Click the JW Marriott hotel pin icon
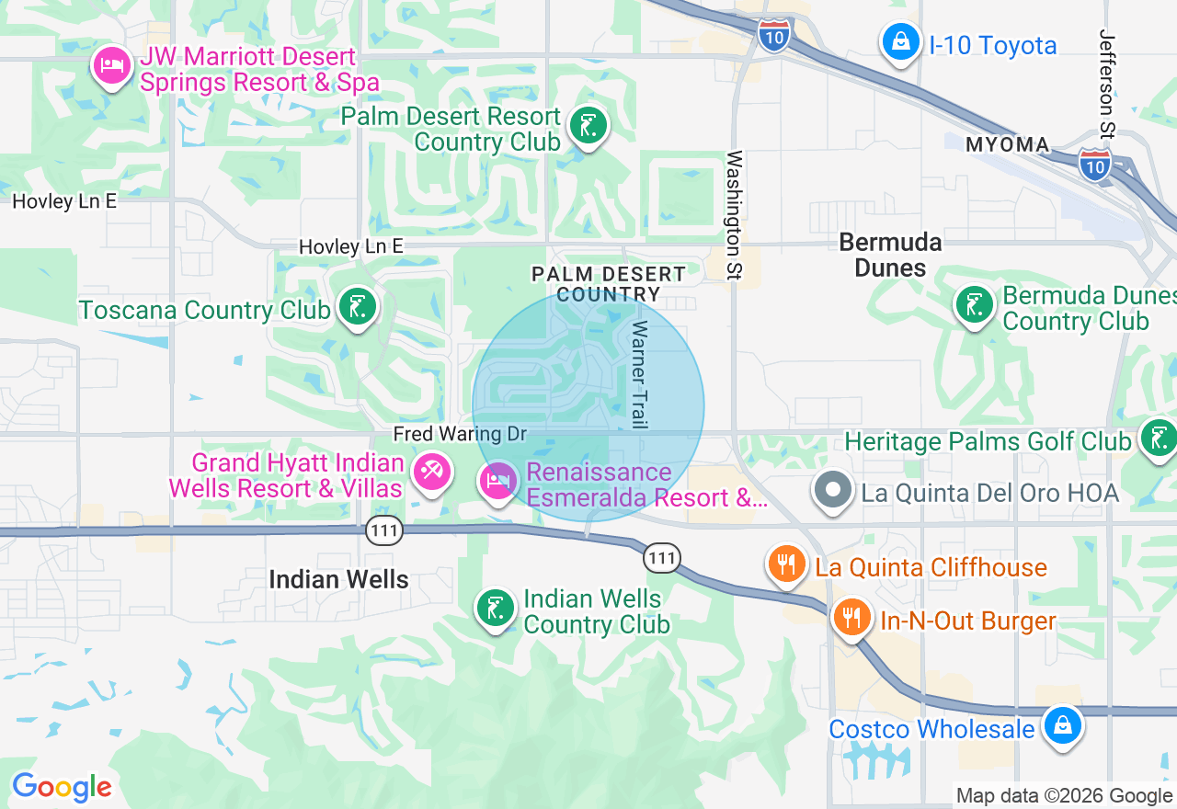coord(111,67)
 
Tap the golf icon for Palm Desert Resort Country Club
coord(588,126)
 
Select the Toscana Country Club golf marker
coord(358,307)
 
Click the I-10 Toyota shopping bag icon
coord(900,42)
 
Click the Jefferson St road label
coord(1107,83)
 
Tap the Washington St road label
coord(735,216)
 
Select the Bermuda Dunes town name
coord(890,255)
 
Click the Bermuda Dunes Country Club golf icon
coord(974,305)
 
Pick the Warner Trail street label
coord(639,374)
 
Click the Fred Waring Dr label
coord(460,433)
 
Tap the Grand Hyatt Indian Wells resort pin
coord(431,473)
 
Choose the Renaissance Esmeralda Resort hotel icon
coord(498,481)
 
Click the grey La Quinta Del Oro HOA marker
coord(834,490)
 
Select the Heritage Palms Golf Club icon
coord(1158,439)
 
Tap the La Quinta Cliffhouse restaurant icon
coord(786,564)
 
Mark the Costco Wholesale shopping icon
coord(1062,725)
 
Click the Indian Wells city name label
coord(338,579)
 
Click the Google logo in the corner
coord(62,788)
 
